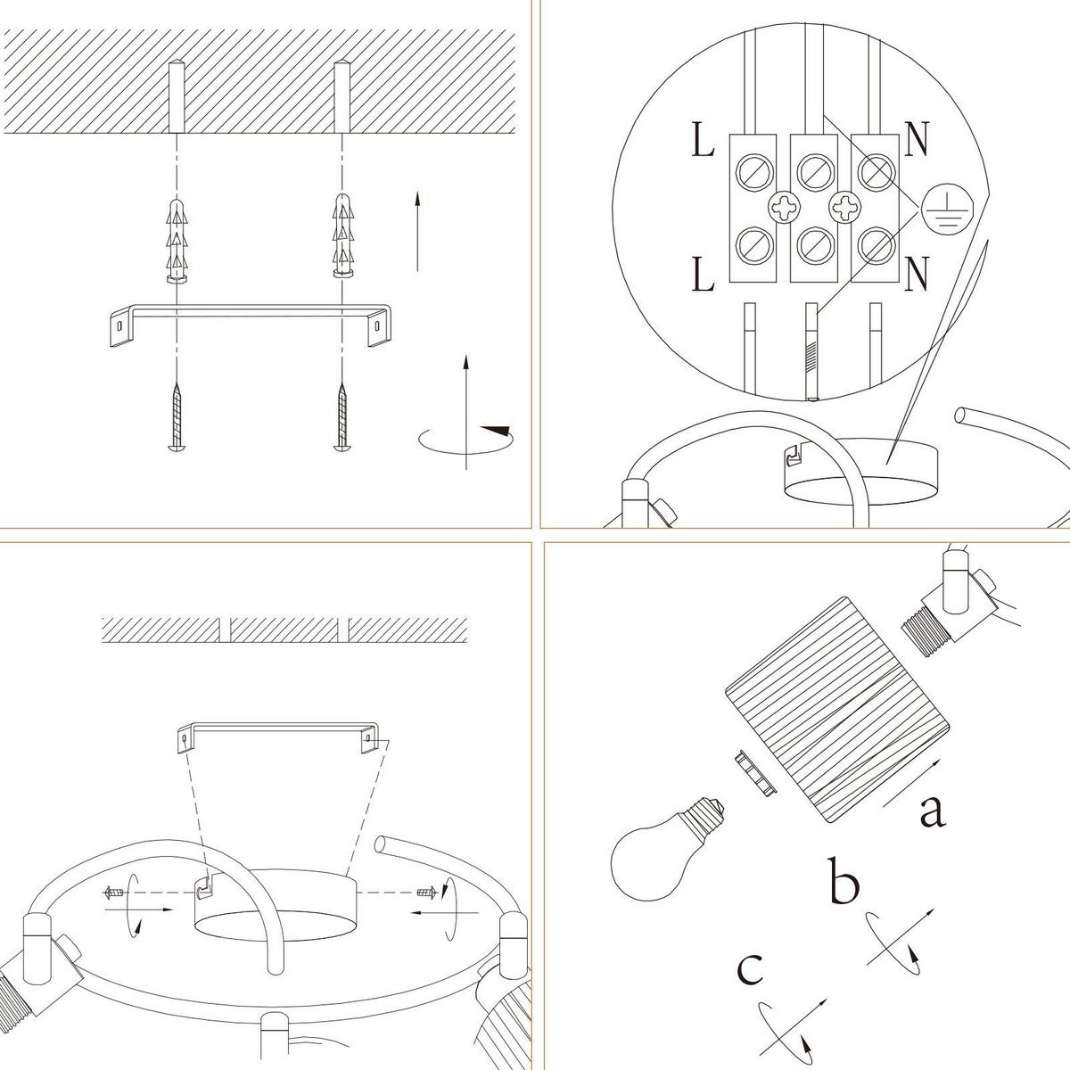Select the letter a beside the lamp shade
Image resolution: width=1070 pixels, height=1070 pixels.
pyautogui.click(x=933, y=811)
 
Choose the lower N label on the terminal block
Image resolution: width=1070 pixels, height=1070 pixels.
pyautogui.click(x=917, y=274)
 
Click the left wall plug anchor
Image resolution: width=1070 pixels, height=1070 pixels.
pyautogui.click(x=177, y=240)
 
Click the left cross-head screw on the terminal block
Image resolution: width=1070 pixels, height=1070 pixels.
pyautogui.click(x=784, y=208)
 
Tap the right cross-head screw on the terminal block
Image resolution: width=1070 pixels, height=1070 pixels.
pyautogui.click(x=844, y=207)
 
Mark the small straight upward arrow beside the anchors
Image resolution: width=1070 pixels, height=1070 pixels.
pyautogui.click(x=417, y=231)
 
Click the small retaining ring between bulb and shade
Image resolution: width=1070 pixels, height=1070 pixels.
pyautogui.click(x=754, y=774)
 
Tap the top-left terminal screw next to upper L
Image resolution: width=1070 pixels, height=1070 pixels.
pyautogui.click(x=754, y=171)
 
